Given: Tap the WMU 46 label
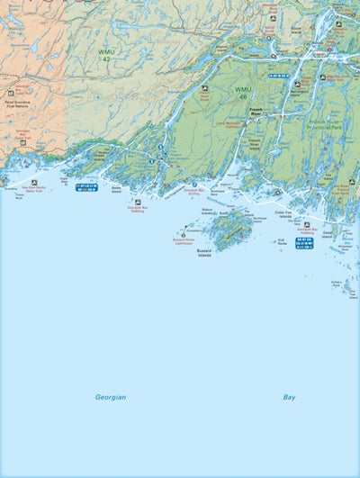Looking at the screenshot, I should pyautogui.click(x=244, y=92).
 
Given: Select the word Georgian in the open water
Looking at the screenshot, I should pyautogui.click(x=111, y=397).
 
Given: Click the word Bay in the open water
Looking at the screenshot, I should pyautogui.click(x=289, y=397).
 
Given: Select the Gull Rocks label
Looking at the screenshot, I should pyautogui.click(x=282, y=241).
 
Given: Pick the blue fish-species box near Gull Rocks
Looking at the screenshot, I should pyautogui.click(x=304, y=243).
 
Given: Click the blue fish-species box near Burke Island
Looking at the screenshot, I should pyautogui.click(x=87, y=187).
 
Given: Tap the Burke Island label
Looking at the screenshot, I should pyautogui.click(x=116, y=191).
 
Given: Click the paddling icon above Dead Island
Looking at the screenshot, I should pyautogui.click(x=307, y=224).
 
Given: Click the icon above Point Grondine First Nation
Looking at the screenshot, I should pyautogui.click(x=11, y=93).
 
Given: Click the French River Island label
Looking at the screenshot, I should pyautogui.click(x=255, y=143).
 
